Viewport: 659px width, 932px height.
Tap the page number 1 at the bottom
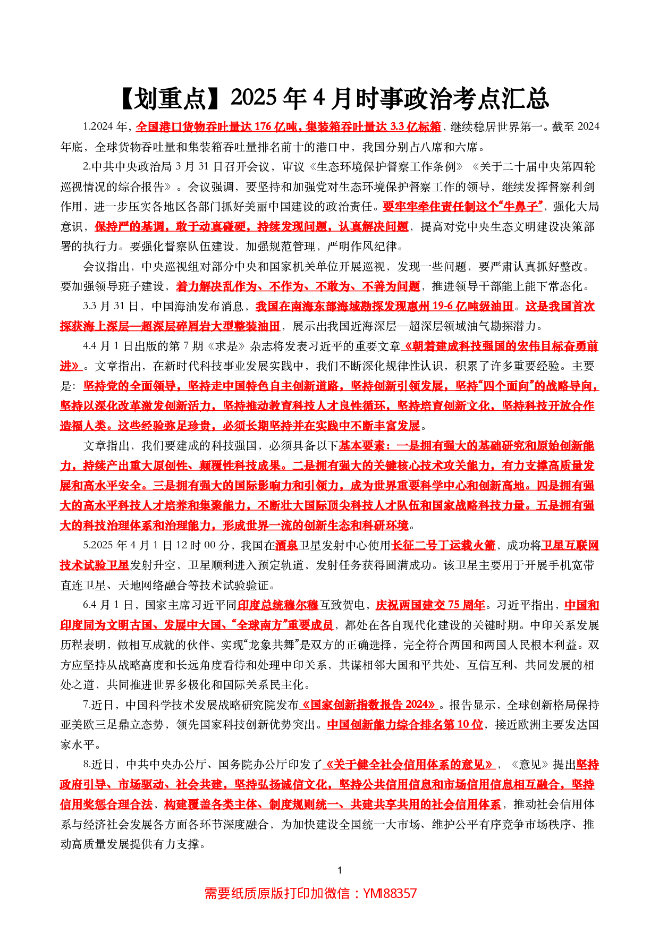(340, 870)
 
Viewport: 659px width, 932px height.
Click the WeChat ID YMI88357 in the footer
(390, 893)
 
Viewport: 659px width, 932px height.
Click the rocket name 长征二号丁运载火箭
(443, 545)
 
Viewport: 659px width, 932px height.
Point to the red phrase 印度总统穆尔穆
(277, 605)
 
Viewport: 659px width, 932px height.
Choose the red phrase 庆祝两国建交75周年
(430, 605)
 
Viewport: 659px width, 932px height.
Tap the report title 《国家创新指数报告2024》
(369, 705)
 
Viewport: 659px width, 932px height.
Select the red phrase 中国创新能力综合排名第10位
(405, 725)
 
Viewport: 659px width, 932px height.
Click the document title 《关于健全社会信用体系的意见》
(409, 765)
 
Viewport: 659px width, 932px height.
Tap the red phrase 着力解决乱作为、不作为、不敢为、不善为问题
(298, 286)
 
